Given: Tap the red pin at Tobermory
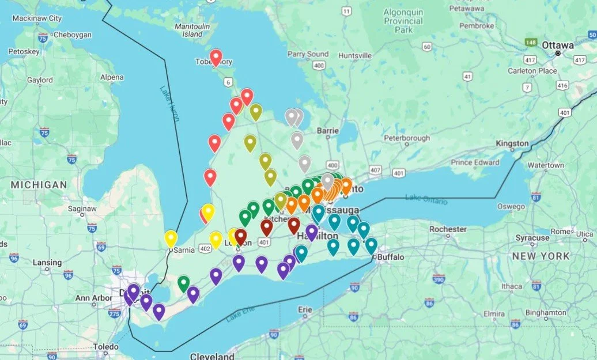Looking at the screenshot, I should tap(216, 57).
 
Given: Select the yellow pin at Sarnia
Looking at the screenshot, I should tap(171, 237).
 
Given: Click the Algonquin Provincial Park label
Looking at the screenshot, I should tap(403, 21).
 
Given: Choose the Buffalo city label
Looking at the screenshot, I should tap(391, 257).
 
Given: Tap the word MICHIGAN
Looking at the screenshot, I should tap(38, 185).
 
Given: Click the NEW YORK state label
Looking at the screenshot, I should tap(541, 256).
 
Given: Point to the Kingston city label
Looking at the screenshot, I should tap(512, 143).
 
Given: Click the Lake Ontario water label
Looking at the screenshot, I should tap(426, 199).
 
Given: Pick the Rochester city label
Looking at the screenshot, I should tap(448, 229).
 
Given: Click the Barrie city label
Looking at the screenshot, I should tap(327, 131).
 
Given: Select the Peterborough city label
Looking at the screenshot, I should tap(407, 138).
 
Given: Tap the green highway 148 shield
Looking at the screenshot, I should tap(531, 42).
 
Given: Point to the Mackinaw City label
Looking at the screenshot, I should tap(37, 18).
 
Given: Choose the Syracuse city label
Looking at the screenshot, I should tap(532, 238).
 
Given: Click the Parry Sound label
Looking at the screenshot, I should tap(308, 54).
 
